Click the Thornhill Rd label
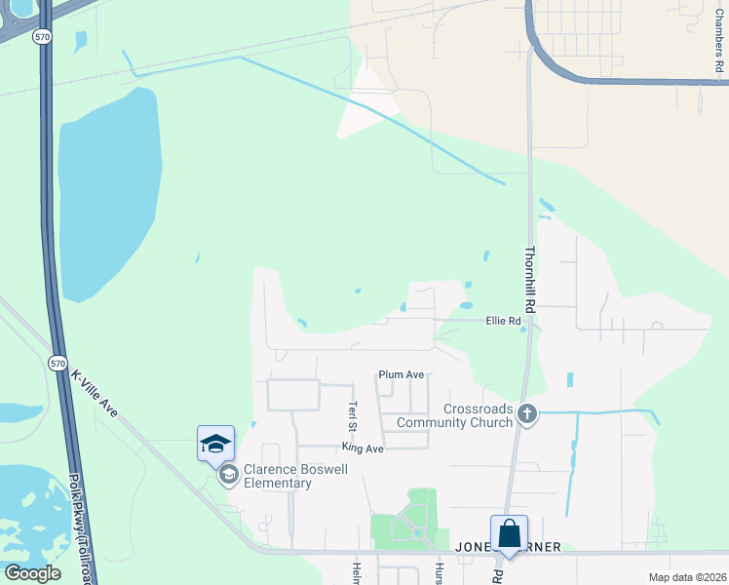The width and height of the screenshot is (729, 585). [x=531, y=278]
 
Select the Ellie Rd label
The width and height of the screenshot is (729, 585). [x=503, y=321]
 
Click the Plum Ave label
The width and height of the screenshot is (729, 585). [x=402, y=374]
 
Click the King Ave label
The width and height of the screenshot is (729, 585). [x=363, y=448]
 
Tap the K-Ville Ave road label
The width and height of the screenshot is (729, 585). [x=95, y=394]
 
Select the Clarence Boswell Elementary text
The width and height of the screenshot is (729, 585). [x=283, y=476]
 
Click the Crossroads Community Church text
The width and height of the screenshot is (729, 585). [x=479, y=415]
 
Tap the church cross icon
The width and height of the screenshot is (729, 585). [x=527, y=413]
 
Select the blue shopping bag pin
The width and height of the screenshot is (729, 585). [x=509, y=535]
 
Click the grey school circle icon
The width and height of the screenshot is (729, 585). [x=229, y=475]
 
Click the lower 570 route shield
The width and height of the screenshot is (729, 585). [x=58, y=363]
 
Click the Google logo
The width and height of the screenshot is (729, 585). [x=32, y=573]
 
